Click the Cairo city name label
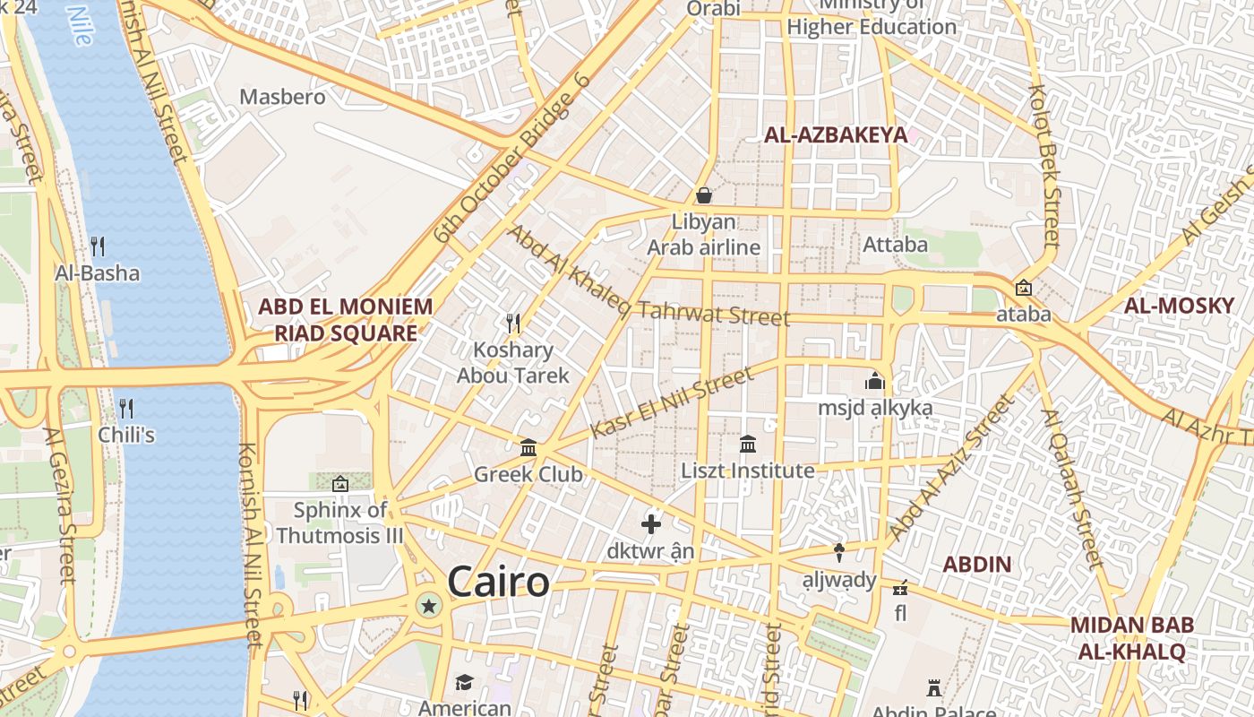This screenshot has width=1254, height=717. tap(498, 583)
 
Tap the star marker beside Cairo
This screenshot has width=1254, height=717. tap(429, 607)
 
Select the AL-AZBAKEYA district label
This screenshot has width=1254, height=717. tap(835, 135)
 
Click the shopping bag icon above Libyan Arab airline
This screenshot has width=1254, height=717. tap(704, 195)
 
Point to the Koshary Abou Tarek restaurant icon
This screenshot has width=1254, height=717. tap(513, 323)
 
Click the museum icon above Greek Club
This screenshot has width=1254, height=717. tap(528, 447)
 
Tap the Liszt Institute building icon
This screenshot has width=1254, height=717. tap(748, 444)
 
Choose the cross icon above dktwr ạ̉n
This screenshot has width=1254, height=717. tap(651, 524)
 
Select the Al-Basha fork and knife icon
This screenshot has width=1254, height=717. tap(98, 246)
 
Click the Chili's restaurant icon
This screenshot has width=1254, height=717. tap(126, 409)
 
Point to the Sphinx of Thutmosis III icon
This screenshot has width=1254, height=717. tap(340, 484)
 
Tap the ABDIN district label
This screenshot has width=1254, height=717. tap(977, 565)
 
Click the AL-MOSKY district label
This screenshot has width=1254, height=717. tap(1179, 306)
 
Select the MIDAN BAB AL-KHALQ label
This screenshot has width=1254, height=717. tap(1131, 638)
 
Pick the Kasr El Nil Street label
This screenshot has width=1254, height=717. tap(672, 403)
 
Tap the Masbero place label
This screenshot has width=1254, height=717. tap(282, 97)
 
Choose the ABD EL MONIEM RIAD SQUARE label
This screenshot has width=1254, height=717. tap(345, 320)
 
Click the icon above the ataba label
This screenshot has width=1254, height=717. tap(1023, 288)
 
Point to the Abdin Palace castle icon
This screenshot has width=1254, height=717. tap(934, 688)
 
